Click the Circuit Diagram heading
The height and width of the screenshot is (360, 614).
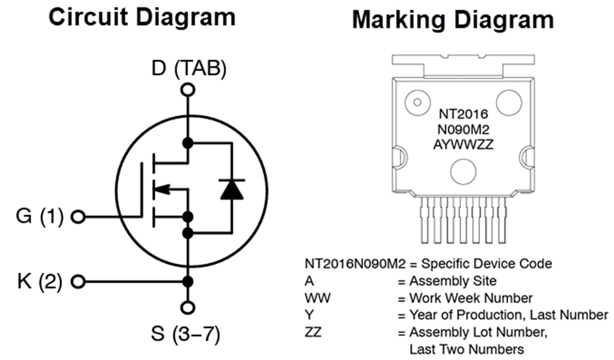click(142, 17)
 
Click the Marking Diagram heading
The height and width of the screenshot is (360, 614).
click(453, 20)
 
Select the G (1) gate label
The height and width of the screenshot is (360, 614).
click(39, 216)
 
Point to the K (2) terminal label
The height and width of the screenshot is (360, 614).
click(39, 282)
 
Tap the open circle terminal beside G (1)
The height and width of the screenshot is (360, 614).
click(78, 216)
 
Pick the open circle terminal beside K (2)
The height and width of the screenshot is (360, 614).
click(78, 282)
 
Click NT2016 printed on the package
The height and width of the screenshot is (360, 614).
click(463, 115)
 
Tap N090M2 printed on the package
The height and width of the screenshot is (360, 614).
click(463, 130)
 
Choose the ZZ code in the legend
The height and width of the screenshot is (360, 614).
click(313, 332)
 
